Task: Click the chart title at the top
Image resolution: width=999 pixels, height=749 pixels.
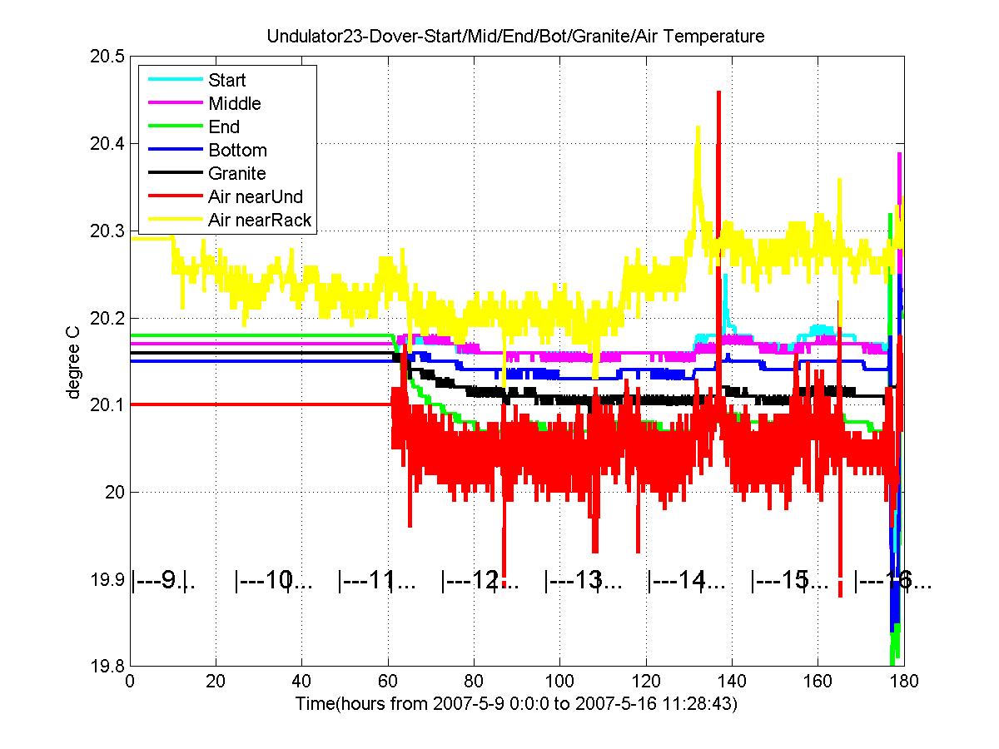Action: click(515, 37)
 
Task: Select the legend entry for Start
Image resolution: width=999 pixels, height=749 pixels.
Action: click(227, 81)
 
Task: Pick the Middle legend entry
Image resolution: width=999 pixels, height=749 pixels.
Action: click(234, 104)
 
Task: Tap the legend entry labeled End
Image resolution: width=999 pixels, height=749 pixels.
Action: click(224, 127)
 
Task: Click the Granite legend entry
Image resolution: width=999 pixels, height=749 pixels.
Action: click(237, 174)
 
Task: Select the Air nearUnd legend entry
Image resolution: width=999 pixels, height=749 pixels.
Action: click(256, 197)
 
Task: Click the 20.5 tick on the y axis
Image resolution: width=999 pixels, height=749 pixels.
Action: click(108, 57)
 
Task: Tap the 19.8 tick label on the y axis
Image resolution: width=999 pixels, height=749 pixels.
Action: click(108, 666)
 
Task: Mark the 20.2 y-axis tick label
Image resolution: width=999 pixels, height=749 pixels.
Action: click(108, 318)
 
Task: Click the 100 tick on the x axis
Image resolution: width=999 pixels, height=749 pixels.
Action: click(559, 682)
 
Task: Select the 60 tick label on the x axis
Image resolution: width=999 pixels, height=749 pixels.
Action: click(388, 682)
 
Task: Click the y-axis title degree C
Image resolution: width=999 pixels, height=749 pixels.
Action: click(74, 361)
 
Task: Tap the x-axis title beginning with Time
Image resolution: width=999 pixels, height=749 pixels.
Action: click(516, 704)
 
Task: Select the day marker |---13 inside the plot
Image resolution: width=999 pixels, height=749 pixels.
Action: click(583, 580)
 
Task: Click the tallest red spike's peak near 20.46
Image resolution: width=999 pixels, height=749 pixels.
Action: click(718, 92)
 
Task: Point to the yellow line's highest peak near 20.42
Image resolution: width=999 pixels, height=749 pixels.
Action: click(698, 127)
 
